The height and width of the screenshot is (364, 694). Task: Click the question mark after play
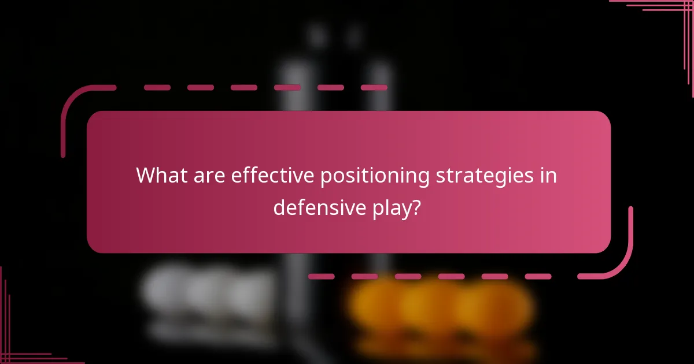(415, 207)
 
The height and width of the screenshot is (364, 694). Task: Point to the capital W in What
(147, 176)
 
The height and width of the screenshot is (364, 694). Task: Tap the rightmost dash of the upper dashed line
(374, 88)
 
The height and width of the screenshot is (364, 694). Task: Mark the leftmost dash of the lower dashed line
(321, 277)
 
